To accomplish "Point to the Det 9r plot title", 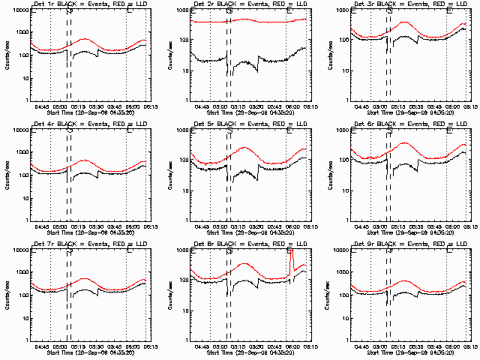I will (x=414, y=244).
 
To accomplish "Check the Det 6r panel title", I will (x=414, y=124).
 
